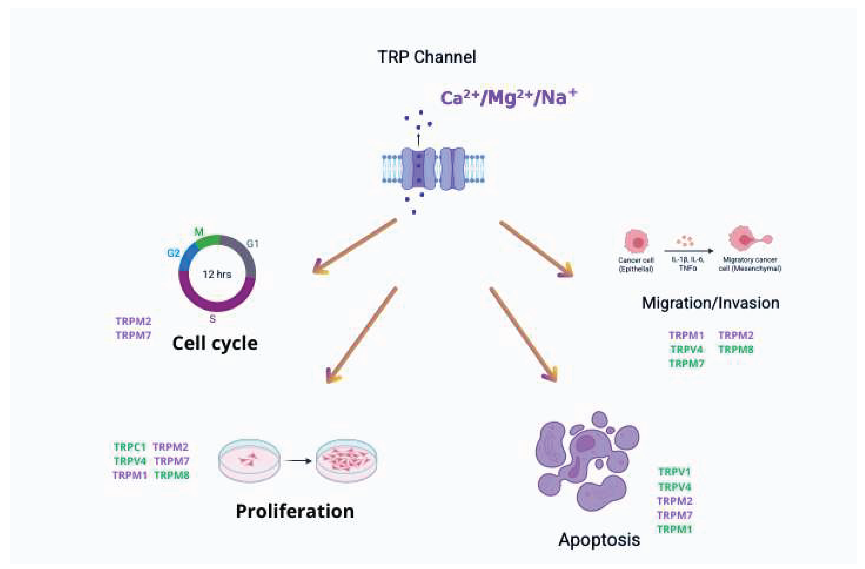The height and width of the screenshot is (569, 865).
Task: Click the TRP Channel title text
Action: pyautogui.click(x=426, y=57)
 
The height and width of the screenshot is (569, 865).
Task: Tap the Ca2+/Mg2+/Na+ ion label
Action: pyautogui.click(x=508, y=97)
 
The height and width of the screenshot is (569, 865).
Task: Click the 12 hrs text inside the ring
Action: pyautogui.click(x=217, y=274)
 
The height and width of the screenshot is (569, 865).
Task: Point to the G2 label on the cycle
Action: pyautogui.click(x=173, y=253)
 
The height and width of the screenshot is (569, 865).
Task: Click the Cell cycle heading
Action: pyautogui.click(x=215, y=343)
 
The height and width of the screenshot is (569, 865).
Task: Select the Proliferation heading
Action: pyautogui.click(x=295, y=512)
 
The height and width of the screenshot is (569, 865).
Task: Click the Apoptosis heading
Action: pyautogui.click(x=599, y=540)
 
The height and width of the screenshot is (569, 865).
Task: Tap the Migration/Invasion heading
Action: pyautogui.click(x=710, y=303)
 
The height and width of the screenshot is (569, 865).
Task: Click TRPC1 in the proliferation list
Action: pyautogui.click(x=129, y=447)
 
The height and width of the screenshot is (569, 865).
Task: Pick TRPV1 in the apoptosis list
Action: pyautogui.click(x=674, y=472)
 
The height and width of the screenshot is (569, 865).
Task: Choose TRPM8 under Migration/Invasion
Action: pyautogui.click(x=736, y=350)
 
